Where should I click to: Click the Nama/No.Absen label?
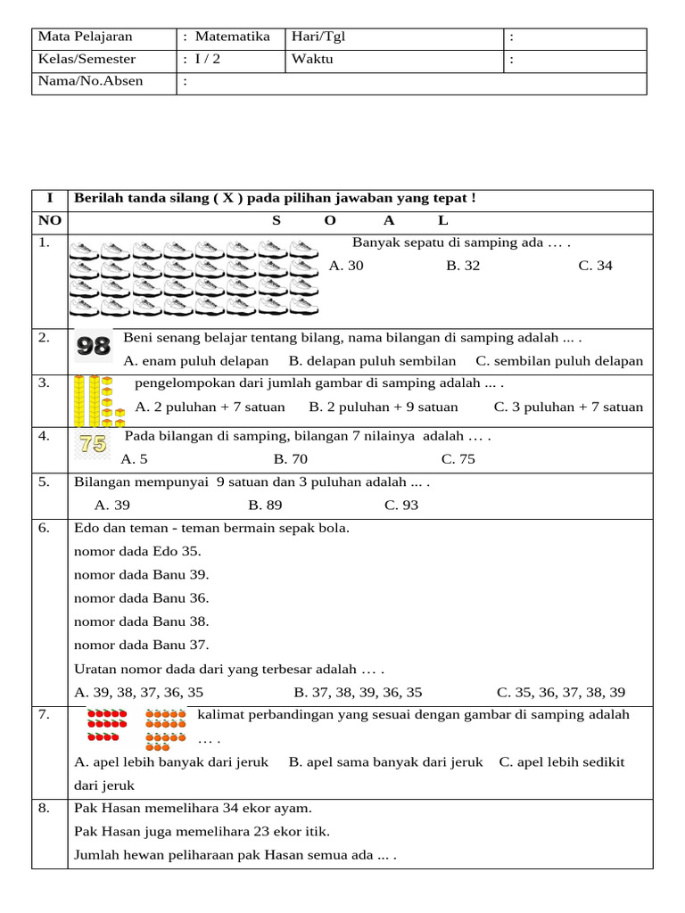coord(89,82)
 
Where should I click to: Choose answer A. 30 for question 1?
coord(346,266)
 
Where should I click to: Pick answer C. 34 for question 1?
coord(595,266)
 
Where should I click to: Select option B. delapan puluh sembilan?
coord(372,361)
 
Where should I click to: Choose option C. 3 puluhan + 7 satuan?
coord(568,407)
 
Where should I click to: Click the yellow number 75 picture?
coord(93,444)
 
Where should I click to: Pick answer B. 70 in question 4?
coord(291,459)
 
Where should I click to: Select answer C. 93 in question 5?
coord(401,505)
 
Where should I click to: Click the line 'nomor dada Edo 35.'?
coord(137,551)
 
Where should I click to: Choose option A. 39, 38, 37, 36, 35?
coord(139,692)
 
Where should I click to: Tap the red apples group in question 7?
coord(107,726)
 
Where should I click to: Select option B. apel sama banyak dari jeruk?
coord(385,761)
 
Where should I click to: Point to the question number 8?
coord(45,809)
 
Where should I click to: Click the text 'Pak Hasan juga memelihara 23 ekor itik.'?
coord(202,832)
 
